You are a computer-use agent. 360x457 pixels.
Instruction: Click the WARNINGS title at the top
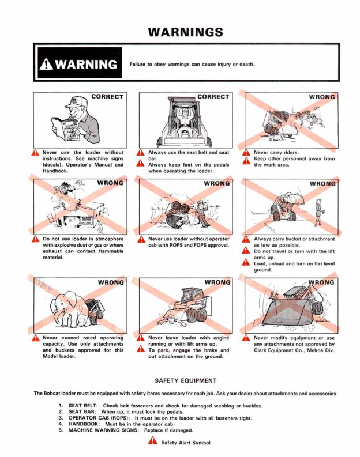coord(186,32)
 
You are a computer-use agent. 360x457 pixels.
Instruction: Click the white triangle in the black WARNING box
coord(46,64)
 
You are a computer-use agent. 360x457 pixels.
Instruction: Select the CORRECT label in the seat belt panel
coord(213,97)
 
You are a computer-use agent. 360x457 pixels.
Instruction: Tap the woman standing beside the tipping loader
coord(318,212)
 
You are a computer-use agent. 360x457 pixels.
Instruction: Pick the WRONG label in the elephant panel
coord(111,282)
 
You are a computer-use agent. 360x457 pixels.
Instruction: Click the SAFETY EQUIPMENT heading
coord(186,380)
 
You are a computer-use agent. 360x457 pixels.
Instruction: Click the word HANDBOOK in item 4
coord(84,424)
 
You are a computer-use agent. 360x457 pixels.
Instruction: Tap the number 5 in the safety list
coord(61,430)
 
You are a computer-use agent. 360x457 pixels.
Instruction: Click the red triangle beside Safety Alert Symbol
coord(152,441)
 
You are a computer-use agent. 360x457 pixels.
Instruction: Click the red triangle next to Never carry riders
coord(246,153)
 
